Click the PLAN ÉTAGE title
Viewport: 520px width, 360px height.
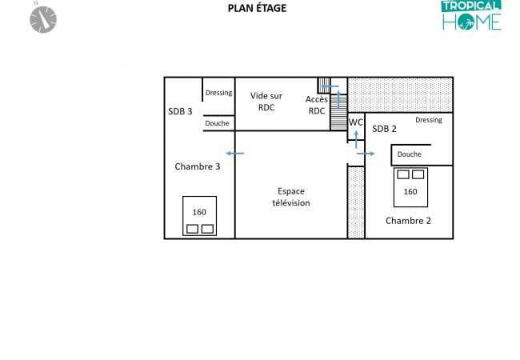[257, 8]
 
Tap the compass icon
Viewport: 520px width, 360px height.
[42, 19]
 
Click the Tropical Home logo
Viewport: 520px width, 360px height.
[471, 15]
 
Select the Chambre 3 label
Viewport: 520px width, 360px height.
[198, 166]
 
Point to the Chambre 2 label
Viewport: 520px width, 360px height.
[408, 221]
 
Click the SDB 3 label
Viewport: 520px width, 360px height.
[180, 111]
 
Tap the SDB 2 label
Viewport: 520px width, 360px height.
[384, 129]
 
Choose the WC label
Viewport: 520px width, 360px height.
[356, 122]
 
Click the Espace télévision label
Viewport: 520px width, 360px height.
[291, 197]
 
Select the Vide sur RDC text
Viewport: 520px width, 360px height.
[266, 102]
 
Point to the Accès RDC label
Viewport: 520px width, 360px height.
[317, 105]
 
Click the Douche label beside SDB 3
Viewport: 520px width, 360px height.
[217, 123]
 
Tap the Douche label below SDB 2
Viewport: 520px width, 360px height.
[410, 154]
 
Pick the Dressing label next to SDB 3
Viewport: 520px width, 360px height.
[219, 93]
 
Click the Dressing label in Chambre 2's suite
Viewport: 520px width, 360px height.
[429, 120]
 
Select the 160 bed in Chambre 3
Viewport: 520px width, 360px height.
[200, 216]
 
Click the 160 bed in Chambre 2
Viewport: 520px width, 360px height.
[410, 187]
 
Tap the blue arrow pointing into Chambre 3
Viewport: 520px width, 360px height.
[234, 154]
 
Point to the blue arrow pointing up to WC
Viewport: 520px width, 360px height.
[356, 139]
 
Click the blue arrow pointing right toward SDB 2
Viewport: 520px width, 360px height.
[366, 154]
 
